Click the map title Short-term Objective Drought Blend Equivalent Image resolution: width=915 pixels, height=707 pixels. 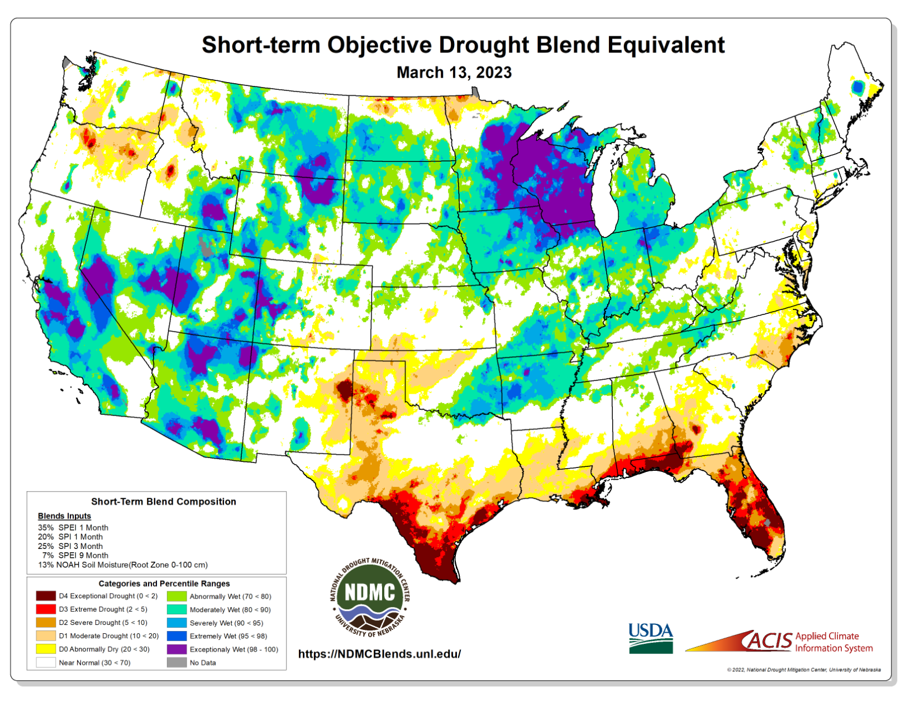pos(463,45)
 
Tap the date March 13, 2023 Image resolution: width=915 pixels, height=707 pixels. pos(454,73)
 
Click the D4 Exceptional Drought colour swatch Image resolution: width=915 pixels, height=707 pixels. pos(46,596)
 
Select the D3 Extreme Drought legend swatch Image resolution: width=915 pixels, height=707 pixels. pos(46,609)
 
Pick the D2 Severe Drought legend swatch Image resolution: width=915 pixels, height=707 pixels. pos(46,622)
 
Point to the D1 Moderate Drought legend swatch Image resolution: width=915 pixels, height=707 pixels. pos(46,636)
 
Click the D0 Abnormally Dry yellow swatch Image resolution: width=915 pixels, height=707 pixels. pos(46,649)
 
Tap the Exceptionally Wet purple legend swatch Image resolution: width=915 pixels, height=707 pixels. pos(177,649)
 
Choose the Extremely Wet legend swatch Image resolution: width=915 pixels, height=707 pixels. pos(177,636)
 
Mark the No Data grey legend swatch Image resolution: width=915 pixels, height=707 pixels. pos(177,662)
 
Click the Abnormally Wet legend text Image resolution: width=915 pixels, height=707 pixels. pos(230,596)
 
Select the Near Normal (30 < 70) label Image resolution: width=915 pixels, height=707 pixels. pos(94,663)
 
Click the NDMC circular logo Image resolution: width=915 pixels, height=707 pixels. pos(370,597)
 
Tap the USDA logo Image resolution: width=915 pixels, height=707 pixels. pos(650,638)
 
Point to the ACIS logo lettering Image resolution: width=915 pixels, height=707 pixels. pos(770,641)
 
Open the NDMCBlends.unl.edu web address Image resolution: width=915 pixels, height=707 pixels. pos(379,654)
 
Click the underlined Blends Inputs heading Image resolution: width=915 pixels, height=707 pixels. pos(64,516)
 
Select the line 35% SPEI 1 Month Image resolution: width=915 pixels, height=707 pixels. pos(73,528)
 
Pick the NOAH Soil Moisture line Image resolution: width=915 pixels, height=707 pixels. pos(123,565)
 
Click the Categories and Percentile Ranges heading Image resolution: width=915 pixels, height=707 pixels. pos(164,584)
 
